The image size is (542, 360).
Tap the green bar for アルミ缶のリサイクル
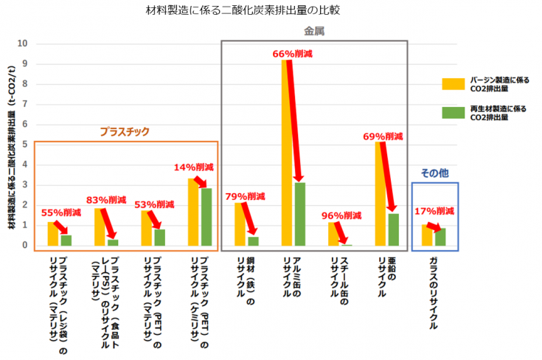coord(299,214)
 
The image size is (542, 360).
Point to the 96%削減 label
coord(342,215)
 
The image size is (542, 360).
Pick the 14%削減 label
coord(194,167)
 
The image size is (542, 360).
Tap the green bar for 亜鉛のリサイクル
coord(393,229)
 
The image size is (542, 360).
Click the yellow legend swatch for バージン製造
coord(450,83)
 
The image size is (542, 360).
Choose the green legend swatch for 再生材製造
coord(450,112)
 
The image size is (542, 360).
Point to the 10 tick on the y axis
coord(23,44)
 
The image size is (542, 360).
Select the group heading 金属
coord(315,32)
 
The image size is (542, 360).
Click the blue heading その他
coord(434,173)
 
